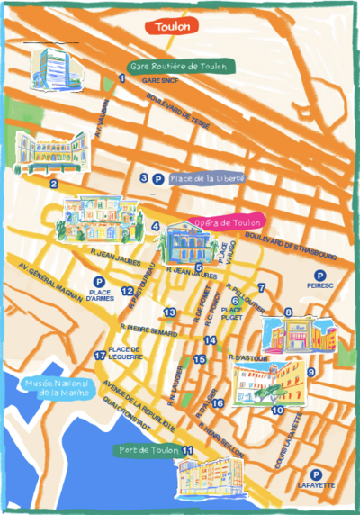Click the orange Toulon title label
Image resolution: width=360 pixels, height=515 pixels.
point(172,27)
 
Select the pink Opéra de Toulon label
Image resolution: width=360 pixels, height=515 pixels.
point(227,222)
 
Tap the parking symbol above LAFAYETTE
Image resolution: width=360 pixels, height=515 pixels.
point(316,474)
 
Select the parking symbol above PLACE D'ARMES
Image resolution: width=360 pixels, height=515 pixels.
point(99,282)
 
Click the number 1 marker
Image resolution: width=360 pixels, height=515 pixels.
point(121,79)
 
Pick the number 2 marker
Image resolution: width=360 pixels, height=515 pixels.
point(54,184)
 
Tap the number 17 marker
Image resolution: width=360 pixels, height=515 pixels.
point(100,355)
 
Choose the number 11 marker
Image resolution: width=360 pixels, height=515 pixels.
point(188,450)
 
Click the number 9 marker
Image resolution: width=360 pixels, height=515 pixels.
point(311,371)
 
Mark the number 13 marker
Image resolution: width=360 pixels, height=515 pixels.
point(169,312)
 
